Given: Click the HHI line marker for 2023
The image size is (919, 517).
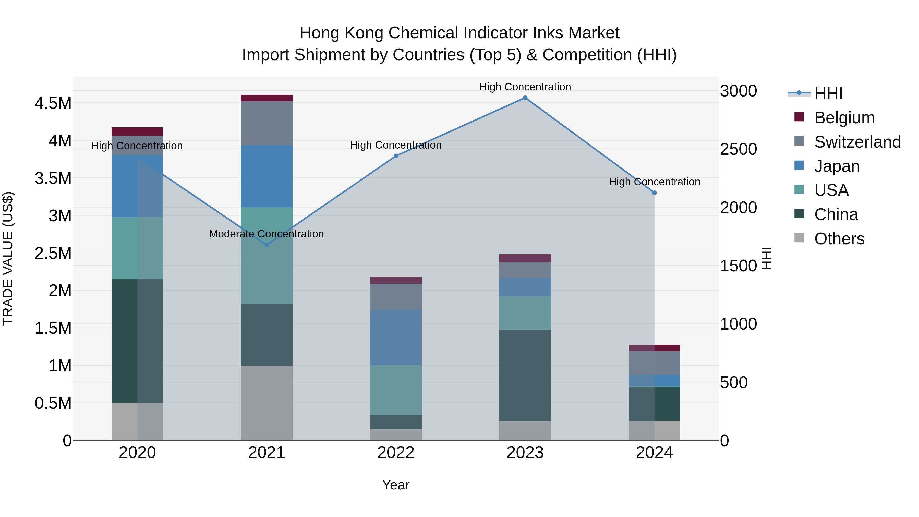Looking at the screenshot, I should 525,98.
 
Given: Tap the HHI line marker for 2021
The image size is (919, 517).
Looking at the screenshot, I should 267,245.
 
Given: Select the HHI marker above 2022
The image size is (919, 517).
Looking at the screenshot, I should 396,156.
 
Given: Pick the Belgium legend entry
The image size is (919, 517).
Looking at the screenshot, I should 844,118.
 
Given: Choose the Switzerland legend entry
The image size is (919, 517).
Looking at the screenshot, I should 857,142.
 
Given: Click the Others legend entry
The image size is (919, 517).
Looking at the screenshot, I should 839,239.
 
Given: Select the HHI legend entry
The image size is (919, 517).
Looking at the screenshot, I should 828,93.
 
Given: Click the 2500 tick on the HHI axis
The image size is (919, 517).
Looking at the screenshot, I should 738,149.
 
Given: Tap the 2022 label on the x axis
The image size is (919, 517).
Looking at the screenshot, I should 396,453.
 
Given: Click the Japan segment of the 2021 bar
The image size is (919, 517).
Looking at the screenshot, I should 267,176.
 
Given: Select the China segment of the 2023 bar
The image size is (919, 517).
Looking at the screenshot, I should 525,375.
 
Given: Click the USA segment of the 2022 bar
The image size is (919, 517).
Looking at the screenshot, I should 396,390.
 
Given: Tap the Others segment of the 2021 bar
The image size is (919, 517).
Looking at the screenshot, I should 267,403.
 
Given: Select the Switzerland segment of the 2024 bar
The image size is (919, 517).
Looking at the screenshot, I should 654,363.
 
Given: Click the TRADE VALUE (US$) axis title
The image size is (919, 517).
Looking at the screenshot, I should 8,258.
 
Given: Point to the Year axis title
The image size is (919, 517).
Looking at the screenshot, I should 396,485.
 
